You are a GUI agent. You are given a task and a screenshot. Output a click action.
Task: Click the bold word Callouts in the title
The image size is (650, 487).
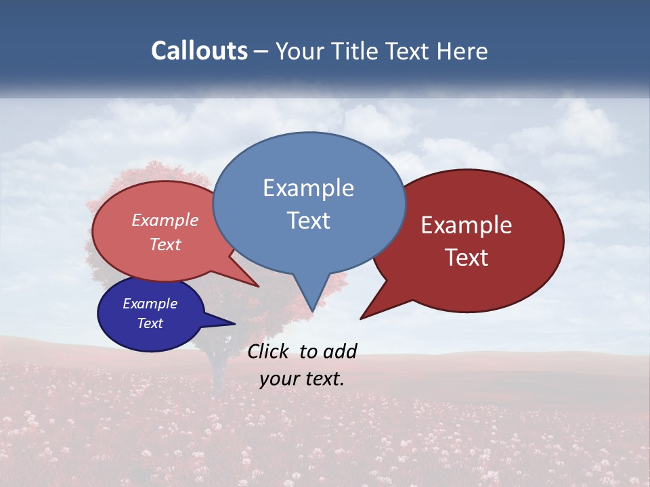[200, 51]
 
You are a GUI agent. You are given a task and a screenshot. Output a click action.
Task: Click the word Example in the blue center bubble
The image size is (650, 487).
[308, 188]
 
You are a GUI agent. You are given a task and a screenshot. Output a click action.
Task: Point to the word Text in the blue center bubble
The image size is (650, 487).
[308, 221]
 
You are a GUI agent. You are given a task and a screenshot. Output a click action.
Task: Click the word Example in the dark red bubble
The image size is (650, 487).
[467, 225]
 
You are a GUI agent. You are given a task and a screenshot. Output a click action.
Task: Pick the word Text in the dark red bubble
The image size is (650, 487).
[467, 258]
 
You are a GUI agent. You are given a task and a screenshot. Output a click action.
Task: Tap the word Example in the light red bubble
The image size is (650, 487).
[165, 220]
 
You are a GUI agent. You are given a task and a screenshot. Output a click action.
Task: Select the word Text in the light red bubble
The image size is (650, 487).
[165, 244]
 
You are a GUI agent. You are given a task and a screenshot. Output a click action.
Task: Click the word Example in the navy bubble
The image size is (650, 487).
[150, 304]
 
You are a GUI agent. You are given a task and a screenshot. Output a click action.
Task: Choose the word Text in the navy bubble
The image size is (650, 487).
[150, 323]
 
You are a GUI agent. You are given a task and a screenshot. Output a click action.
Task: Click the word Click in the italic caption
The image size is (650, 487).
[269, 351]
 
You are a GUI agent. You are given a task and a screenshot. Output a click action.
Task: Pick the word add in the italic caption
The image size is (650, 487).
[340, 351]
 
